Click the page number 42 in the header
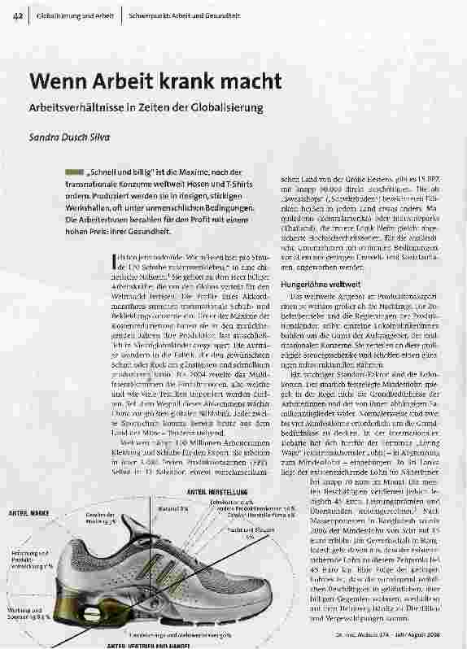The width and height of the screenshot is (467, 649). (x=17, y=16)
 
